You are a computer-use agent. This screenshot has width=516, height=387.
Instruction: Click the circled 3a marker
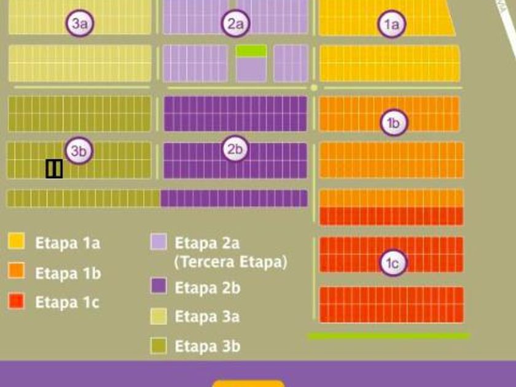coord(80,24)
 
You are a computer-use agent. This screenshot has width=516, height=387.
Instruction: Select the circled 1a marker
coord(391,24)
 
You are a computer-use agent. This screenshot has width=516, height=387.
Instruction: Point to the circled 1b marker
coord(393,123)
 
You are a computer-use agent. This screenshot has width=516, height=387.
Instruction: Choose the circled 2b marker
coord(235,149)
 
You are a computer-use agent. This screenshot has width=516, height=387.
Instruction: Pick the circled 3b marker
coord(79,150)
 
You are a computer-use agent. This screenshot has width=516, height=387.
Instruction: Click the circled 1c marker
coord(393,263)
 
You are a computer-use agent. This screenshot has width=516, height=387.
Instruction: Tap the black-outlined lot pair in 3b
coord(54,168)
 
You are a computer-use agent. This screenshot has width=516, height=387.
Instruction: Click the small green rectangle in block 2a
coord(251,50)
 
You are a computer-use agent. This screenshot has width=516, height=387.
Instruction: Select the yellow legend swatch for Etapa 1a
coord(17,241)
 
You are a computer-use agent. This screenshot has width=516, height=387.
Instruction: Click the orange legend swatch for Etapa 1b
coord(17,271)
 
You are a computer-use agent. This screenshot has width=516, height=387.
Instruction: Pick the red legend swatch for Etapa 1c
coord(17,301)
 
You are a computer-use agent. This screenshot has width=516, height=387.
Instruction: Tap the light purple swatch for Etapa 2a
coord(158,241)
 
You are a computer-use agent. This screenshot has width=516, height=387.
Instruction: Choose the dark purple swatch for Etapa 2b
coord(158,286)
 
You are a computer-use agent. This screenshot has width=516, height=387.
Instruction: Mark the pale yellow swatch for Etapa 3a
coord(158,316)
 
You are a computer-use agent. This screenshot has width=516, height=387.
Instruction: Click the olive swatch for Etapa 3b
coord(158,345)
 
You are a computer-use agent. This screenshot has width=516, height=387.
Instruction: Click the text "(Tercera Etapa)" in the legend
coord(230,262)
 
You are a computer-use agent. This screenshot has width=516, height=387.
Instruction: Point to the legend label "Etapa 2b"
coord(207,287)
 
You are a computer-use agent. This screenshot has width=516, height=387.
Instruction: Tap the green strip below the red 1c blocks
coord(388,336)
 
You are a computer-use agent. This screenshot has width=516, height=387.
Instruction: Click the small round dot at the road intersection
coord(314,88)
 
